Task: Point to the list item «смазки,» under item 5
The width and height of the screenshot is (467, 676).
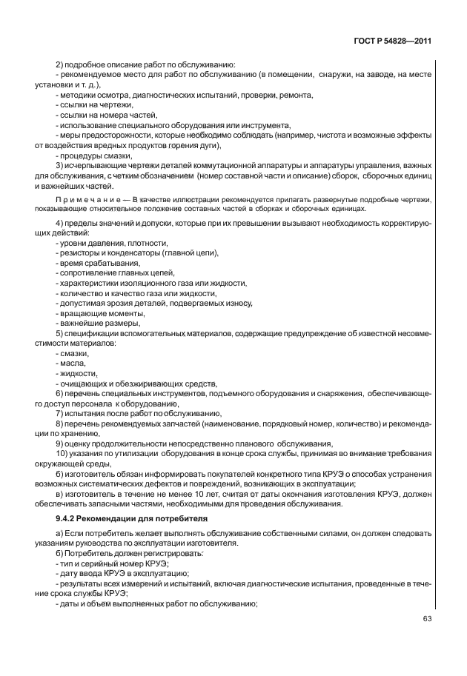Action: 71,353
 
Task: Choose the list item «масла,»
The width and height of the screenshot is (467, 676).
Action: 70,363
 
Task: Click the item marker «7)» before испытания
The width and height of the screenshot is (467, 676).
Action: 59,413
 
